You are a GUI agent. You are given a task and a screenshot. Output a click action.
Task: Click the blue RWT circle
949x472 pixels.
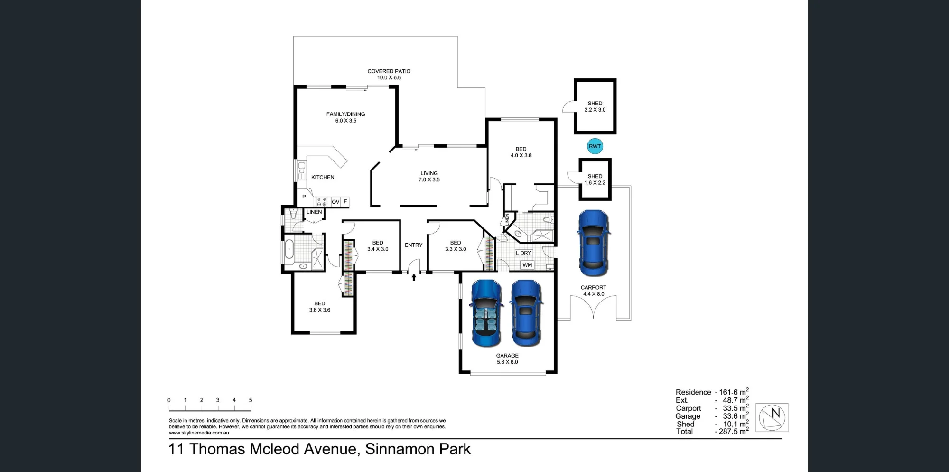pos(595,146)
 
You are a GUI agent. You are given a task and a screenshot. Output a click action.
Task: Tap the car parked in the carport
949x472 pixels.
pos(593,243)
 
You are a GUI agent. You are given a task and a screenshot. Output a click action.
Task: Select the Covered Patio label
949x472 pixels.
pos(389,75)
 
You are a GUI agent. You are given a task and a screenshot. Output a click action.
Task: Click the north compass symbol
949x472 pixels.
pos(772,417)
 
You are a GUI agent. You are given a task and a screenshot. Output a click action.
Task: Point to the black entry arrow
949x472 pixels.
pos(414,277)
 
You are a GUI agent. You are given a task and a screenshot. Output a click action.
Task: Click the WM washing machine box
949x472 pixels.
pos(527,265)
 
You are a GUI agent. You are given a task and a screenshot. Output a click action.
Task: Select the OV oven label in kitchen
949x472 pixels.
pos(335,202)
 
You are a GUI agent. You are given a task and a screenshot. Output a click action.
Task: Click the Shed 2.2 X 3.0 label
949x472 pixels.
pos(595,106)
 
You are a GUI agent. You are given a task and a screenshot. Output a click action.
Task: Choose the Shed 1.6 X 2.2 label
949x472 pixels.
pos(595,179)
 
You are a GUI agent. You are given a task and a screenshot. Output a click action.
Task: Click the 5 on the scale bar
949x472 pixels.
pos(251,400)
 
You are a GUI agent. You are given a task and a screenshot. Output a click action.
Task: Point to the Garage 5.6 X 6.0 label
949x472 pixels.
pos(507,359)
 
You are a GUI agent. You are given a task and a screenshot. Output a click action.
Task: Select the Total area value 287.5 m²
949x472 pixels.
pos(732,431)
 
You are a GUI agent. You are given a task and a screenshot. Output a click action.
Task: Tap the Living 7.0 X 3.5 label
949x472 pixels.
pos(429,177)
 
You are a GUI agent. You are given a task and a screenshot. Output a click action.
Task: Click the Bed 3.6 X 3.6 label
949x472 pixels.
pos(320,307)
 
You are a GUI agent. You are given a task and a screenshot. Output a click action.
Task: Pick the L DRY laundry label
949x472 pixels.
pos(524,253)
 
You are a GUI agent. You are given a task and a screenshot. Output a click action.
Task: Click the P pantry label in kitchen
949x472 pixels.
pos(304,197)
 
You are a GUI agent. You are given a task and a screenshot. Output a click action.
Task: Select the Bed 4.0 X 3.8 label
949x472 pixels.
pos(521,152)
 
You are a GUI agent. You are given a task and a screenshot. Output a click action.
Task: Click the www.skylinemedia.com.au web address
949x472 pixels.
pos(199,433)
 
